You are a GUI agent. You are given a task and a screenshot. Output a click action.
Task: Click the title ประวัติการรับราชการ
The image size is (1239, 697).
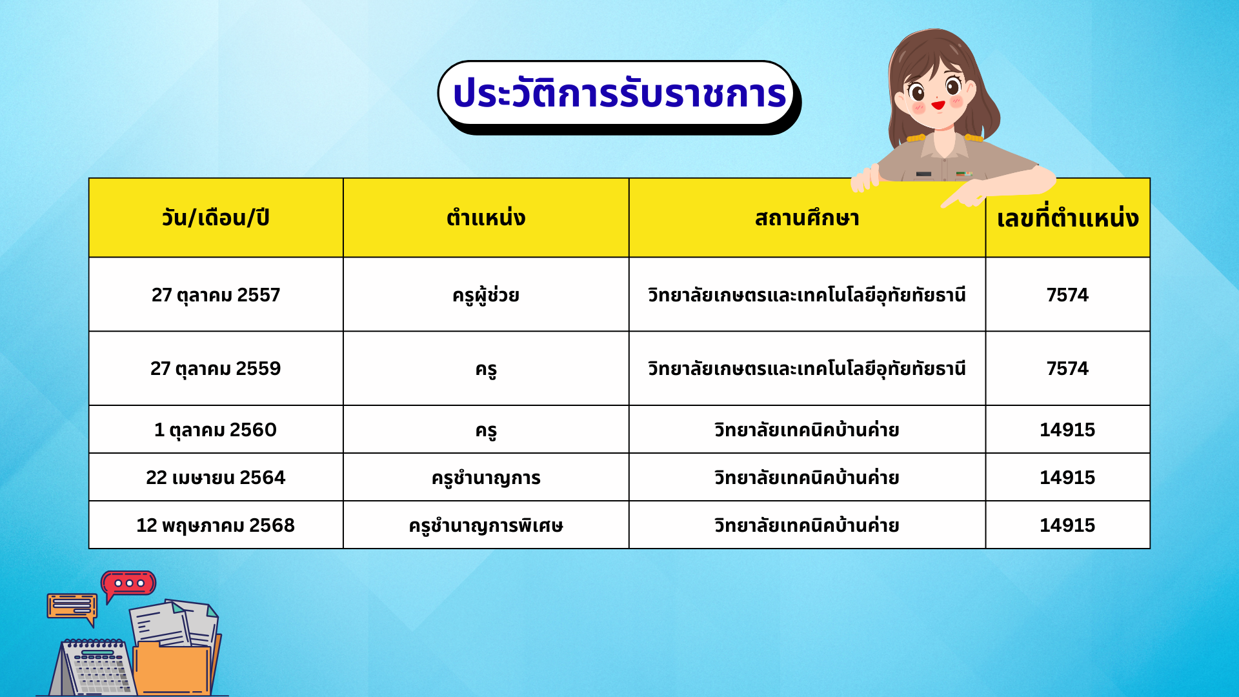pos(619,94)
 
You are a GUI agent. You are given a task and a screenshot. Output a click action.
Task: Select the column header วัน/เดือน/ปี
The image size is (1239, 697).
pos(216,218)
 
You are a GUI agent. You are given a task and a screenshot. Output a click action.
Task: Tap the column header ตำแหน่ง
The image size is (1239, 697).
pos(486,218)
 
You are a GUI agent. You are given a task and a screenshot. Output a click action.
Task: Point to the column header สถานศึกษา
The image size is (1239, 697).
pos(807,218)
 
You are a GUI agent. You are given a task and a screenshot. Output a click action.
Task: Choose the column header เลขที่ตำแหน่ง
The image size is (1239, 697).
pos(1067,217)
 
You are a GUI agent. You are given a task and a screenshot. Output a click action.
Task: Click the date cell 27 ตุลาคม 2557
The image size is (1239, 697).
pos(216,295)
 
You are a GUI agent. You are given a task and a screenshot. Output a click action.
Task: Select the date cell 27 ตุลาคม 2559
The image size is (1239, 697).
pos(216,369)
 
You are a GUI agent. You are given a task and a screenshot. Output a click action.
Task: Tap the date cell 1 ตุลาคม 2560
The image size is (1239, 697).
pos(216,430)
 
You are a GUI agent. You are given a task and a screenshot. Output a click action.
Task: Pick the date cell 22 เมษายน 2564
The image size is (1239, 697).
pos(216,478)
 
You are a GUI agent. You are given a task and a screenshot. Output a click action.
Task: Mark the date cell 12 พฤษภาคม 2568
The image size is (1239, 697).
pos(216,525)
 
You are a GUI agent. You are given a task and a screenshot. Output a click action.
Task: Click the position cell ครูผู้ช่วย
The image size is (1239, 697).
pos(486,295)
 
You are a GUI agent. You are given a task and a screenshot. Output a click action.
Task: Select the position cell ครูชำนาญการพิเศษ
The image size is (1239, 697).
pos(486,525)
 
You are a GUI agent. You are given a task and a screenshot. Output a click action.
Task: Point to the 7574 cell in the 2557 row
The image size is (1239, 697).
pos(1067,295)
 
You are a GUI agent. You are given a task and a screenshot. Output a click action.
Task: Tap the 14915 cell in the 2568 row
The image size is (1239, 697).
pos(1067,525)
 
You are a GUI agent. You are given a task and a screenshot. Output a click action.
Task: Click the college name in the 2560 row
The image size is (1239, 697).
pos(807,430)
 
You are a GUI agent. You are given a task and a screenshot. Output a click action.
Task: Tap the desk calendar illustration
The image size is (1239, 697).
pos(94,667)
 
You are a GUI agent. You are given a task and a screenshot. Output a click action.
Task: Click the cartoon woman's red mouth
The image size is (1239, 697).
pos(938,105)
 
